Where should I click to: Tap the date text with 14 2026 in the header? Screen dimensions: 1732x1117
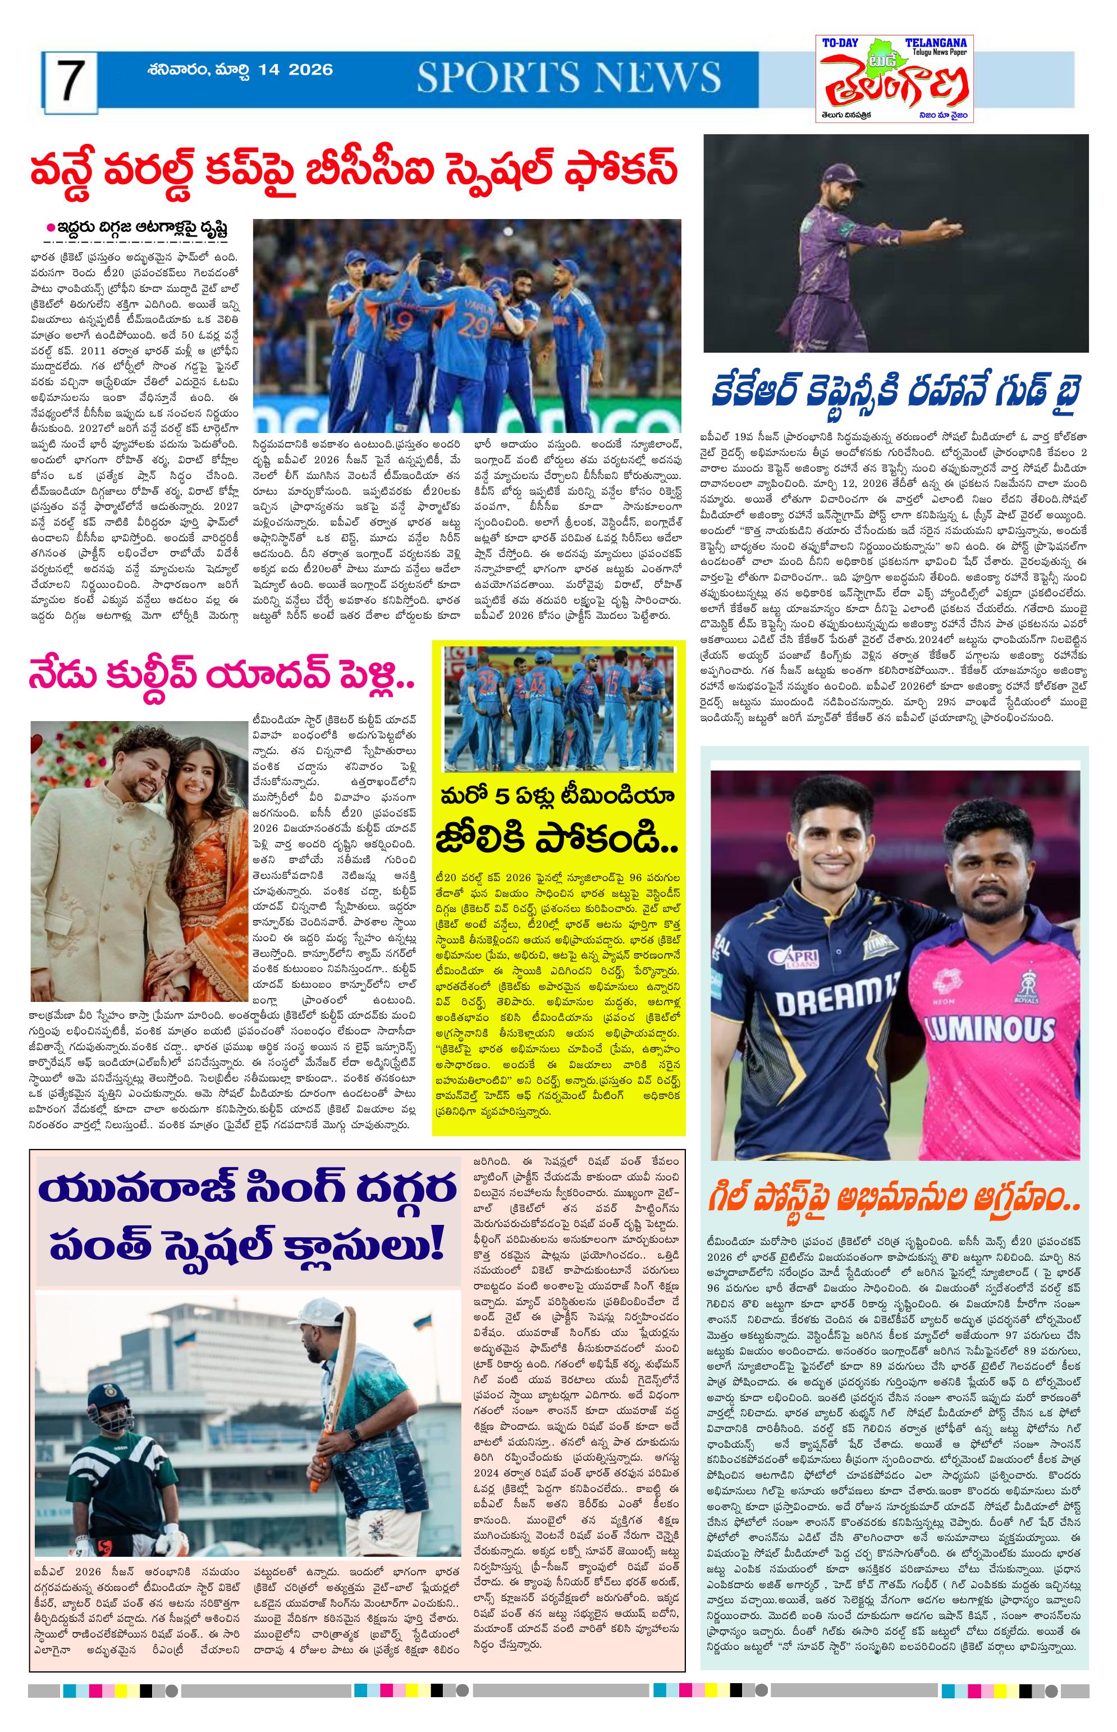pyautogui.click(x=239, y=70)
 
